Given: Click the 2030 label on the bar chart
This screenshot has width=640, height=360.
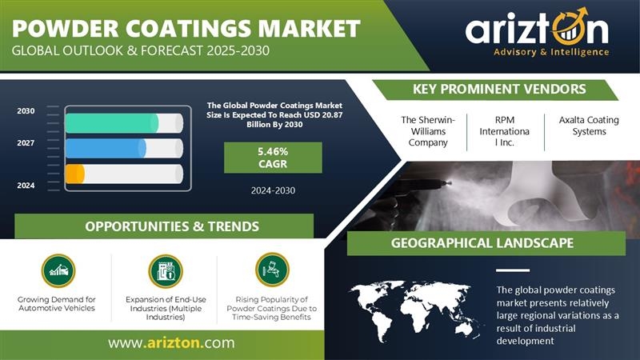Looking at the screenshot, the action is (26, 111).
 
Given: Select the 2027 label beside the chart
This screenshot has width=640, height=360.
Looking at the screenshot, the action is (26, 143).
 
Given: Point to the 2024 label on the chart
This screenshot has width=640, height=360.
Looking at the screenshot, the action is (26, 186).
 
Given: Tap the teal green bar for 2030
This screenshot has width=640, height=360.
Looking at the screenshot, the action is (112, 123).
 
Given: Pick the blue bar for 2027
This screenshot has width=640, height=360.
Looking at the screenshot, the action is (106, 148).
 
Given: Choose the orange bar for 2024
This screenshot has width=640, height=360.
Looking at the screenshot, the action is (75, 174).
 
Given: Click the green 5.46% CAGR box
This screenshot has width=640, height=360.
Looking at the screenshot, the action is (273, 158).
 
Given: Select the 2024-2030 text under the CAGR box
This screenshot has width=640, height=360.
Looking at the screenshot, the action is (273, 190).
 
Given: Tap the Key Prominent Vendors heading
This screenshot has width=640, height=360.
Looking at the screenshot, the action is (499, 89).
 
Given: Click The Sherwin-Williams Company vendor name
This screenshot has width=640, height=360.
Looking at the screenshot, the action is (428, 131).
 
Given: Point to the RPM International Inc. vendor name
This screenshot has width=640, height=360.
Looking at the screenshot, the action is (505, 131).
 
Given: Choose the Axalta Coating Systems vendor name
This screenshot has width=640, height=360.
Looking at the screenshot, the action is (589, 126).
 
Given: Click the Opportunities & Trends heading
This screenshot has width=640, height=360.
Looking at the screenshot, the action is (172, 226).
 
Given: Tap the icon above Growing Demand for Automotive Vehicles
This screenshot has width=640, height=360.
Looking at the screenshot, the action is (58, 270).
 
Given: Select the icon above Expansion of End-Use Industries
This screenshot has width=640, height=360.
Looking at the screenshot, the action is (166, 270).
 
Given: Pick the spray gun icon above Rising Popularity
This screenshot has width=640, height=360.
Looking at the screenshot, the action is (272, 270).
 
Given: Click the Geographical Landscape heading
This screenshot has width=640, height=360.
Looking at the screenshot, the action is (482, 243).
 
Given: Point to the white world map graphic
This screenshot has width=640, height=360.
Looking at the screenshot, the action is (416, 309).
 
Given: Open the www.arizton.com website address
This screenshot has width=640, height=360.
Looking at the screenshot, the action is (171, 342).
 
